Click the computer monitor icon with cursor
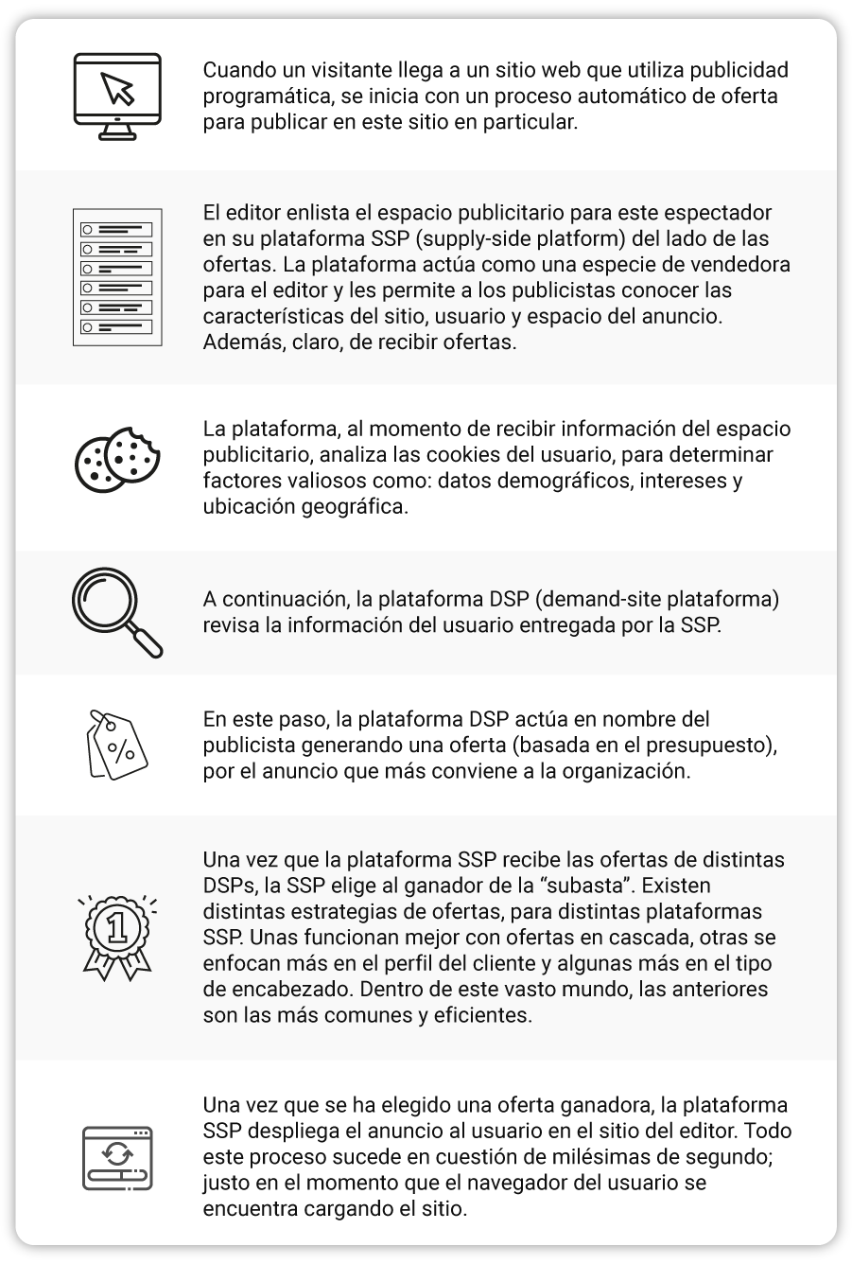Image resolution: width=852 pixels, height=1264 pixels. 118,96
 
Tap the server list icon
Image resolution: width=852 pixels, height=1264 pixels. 117,277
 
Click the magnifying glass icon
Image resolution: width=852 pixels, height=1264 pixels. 117,612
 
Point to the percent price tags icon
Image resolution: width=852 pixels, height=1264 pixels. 116,746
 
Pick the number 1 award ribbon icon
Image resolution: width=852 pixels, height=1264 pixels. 117,932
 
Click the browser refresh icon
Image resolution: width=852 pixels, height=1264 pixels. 117,1157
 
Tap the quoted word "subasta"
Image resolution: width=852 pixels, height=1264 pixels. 600,887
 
